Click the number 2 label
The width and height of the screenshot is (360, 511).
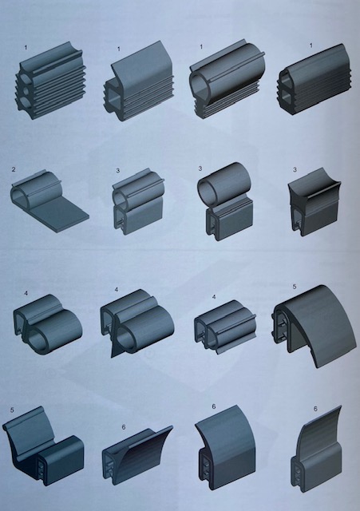[14, 169]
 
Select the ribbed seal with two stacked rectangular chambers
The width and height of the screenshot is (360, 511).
[314, 79]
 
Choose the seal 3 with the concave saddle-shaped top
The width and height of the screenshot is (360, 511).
[315, 202]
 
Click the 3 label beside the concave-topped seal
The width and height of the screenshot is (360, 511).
[295, 170]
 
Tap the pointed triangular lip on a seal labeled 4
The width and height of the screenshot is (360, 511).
[115, 348]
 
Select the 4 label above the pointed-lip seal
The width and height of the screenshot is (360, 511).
[117, 289]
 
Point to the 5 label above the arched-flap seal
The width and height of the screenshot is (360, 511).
[295, 287]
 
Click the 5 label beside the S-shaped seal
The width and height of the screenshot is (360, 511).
[12, 410]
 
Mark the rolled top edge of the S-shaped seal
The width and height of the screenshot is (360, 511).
[23, 420]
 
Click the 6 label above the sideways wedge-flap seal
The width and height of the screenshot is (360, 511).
[123, 427]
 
